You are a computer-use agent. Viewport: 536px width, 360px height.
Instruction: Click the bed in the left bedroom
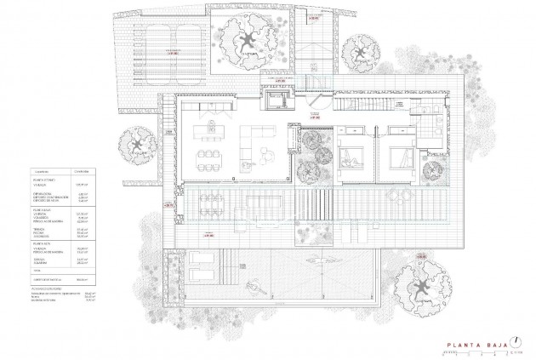pos(350,157)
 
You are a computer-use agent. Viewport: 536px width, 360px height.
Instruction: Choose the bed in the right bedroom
pos(398,157)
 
